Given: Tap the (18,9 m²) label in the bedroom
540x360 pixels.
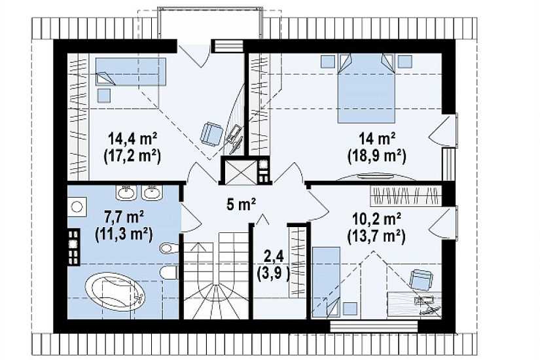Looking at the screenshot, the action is pos(377,156).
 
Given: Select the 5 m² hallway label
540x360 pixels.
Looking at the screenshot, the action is pos(241,205).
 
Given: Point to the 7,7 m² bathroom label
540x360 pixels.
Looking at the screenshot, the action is pos(124,217).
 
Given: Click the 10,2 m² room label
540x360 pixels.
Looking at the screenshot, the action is pos(377,219).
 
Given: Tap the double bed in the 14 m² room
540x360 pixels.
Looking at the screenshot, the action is pos(366,88).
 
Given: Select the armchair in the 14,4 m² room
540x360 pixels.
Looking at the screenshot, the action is pos(211,134).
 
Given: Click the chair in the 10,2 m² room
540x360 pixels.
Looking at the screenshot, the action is pos(421,278).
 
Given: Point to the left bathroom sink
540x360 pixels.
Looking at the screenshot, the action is pos(127,192).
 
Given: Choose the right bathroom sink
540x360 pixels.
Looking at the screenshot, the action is pos(152,192).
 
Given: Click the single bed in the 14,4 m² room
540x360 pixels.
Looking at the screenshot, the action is pos(130,71).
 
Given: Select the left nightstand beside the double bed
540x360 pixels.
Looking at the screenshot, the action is pos(328,62).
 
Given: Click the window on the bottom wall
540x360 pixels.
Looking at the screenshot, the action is pos(374,326).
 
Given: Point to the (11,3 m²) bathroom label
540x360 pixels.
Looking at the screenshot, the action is pos(124,235).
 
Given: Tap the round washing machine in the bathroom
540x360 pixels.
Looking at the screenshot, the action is pos(77,207).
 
